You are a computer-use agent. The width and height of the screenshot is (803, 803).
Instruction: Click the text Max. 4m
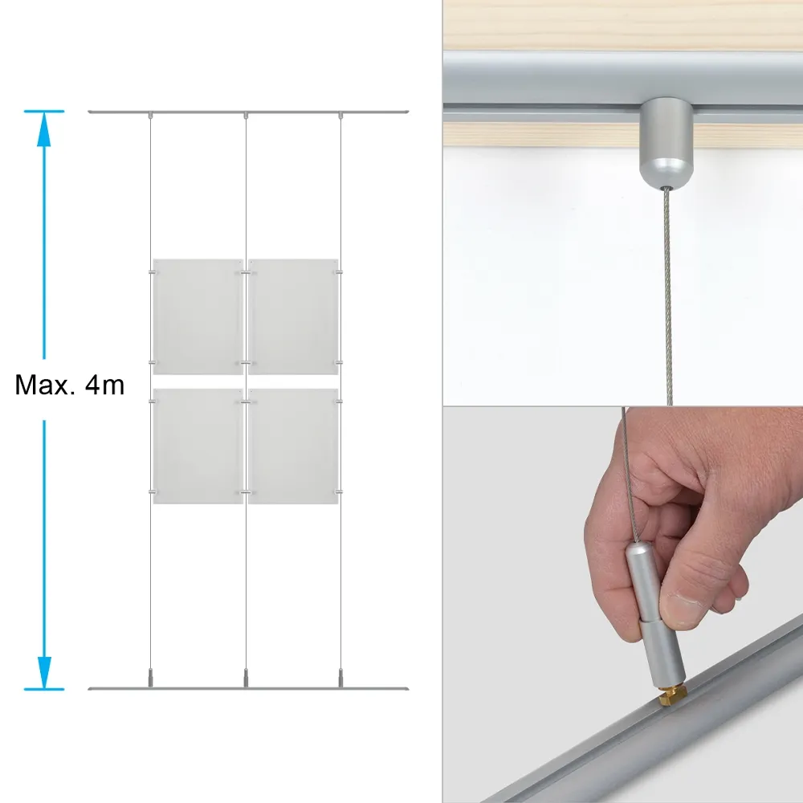point(70,385)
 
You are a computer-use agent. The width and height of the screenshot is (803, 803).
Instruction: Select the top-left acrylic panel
point(198,316)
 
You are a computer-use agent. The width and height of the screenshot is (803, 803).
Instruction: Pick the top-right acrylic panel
point(293,316)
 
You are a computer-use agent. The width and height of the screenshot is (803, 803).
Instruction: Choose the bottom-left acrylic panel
point(198,446)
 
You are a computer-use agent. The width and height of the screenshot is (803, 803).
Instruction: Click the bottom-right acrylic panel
point(293,446)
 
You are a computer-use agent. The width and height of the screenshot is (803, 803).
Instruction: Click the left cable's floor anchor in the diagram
point(150,678)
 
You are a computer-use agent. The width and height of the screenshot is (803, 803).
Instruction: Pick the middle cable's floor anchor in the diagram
point(246,678)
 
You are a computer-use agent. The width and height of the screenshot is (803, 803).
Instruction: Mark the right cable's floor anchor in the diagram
point(341,678)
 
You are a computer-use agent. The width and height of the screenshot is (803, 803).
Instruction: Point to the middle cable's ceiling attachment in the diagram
point(246,115)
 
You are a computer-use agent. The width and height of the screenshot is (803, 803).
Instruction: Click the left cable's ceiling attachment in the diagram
point(150,115)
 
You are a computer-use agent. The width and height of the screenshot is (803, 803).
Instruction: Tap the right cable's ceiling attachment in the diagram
point(341,115)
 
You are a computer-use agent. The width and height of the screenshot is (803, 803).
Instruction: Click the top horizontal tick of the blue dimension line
point(44,111)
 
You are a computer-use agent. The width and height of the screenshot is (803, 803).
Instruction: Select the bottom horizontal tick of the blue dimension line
point(44,689)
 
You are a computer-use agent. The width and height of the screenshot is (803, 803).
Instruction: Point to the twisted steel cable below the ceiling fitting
point(667,297)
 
